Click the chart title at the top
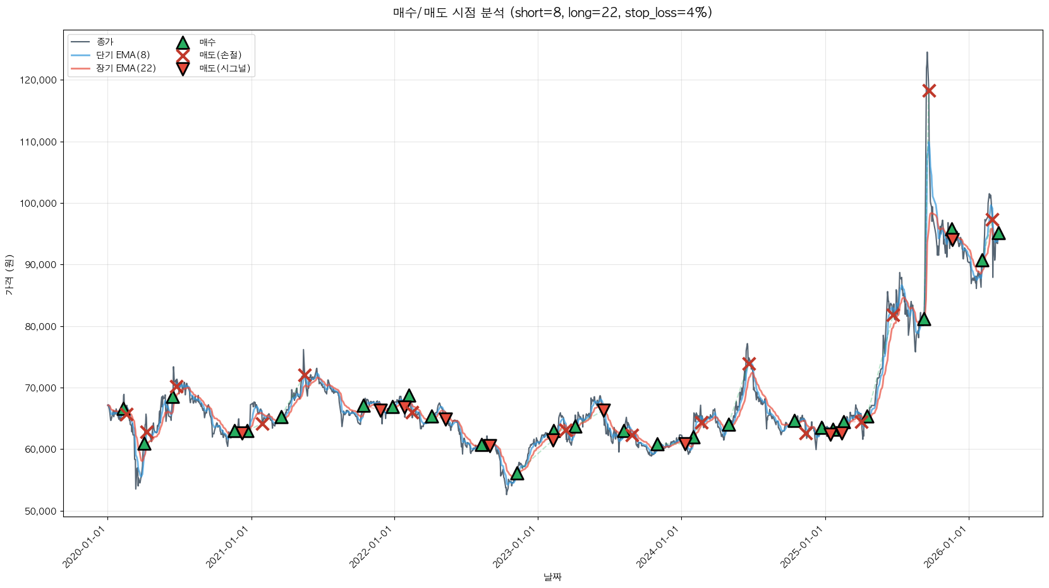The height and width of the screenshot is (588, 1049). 552,13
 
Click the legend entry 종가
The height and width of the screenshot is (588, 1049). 105,42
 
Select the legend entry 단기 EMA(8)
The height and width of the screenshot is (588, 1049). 123,55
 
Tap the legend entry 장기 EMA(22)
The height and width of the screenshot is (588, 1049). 126,68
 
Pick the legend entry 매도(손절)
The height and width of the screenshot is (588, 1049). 220,55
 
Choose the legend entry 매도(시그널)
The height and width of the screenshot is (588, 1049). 224,68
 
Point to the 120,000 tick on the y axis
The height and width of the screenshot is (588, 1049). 39,80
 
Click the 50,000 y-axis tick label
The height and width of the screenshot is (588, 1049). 40,511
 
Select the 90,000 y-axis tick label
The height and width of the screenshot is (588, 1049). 40,265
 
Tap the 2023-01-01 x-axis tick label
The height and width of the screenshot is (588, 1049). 514,547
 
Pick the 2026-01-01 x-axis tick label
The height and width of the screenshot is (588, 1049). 945,547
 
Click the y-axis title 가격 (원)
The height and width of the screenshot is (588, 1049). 9,274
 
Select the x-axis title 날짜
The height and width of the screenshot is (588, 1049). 552,577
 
